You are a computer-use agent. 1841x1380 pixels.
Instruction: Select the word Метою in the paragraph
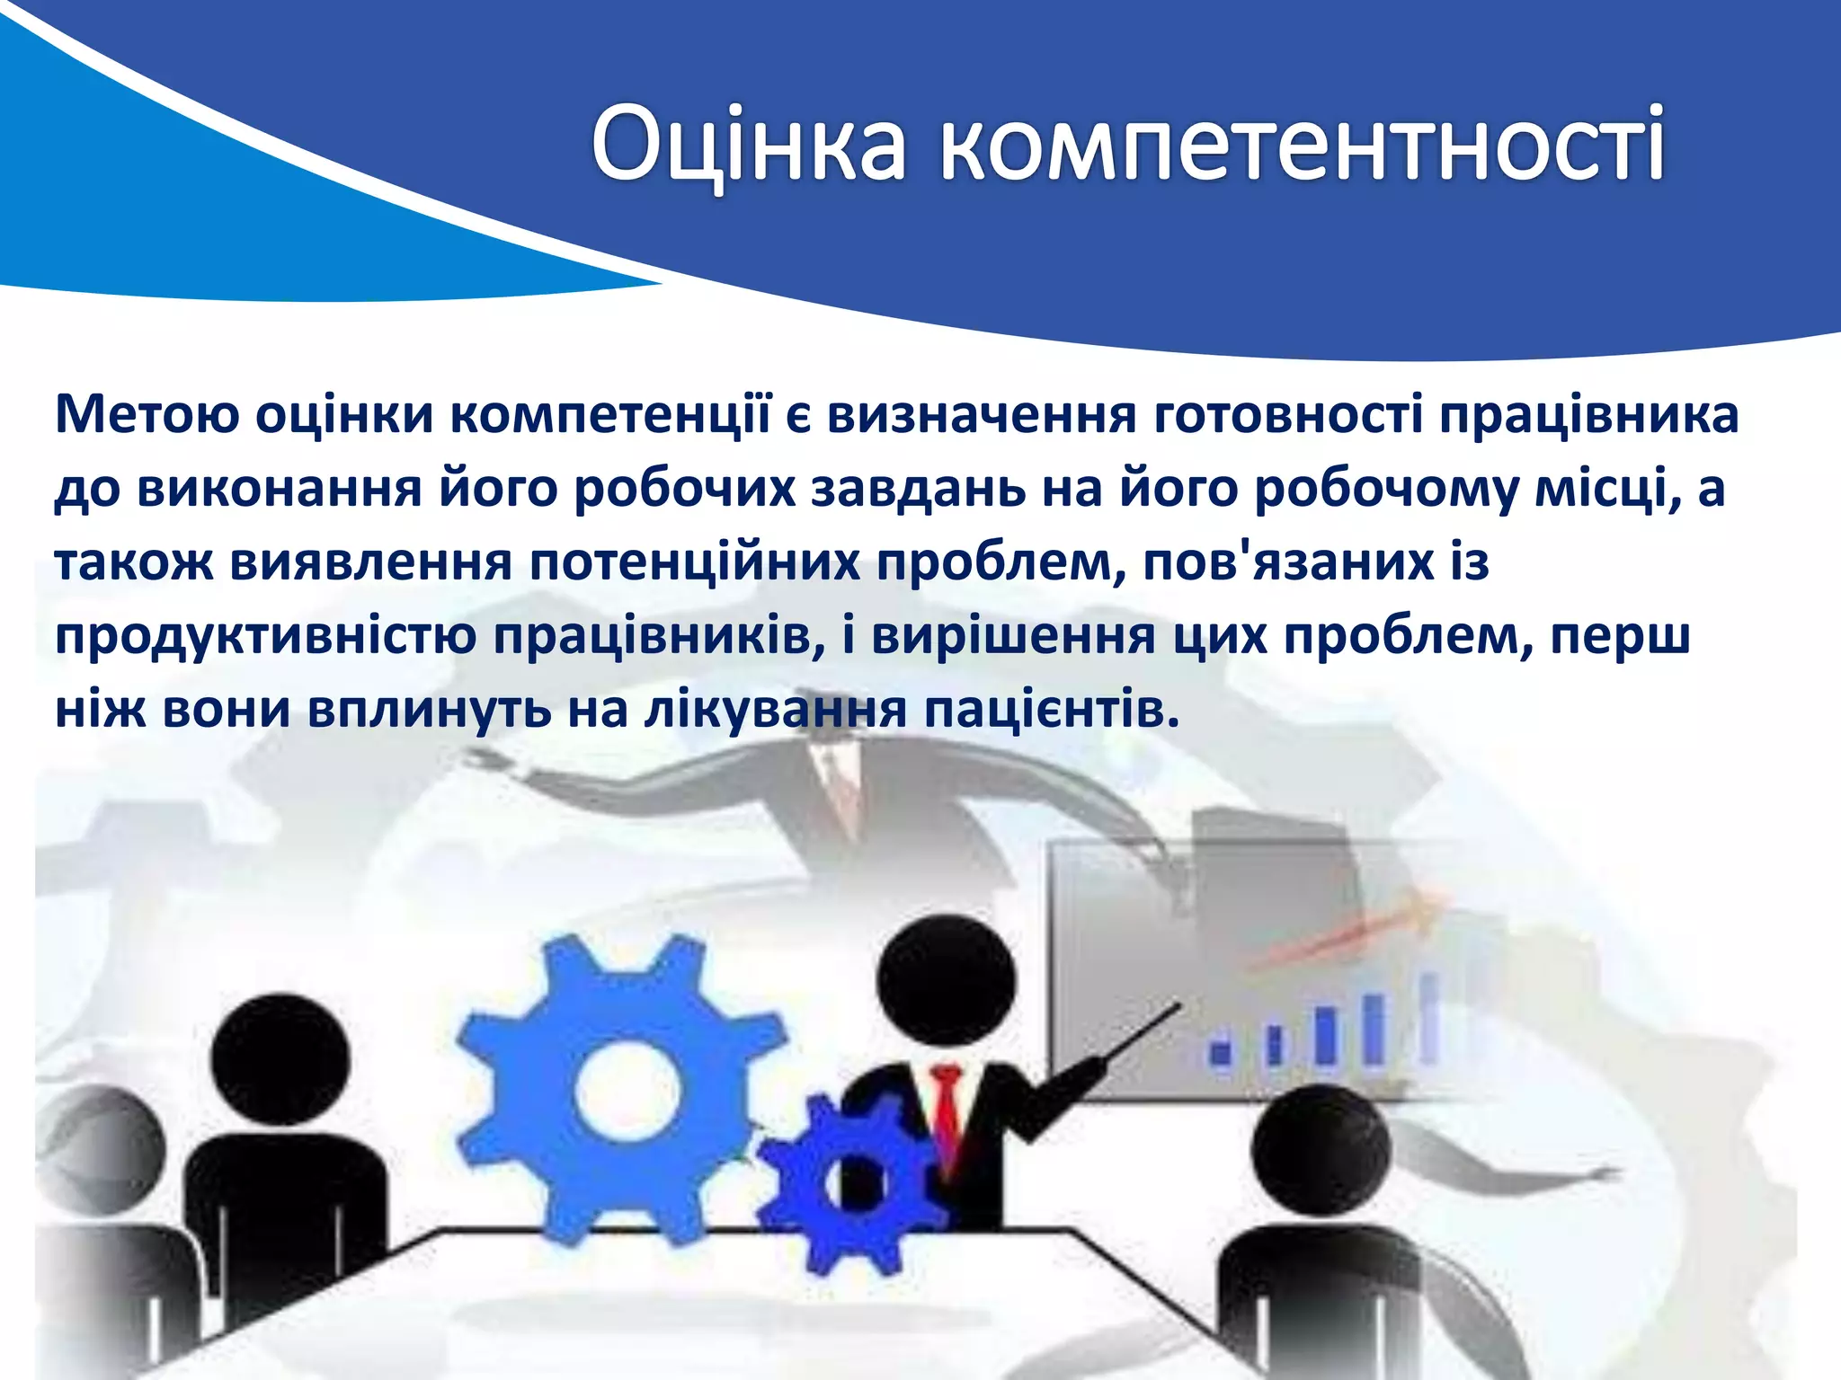(147, 414)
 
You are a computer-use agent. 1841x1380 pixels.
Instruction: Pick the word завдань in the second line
(918, 489)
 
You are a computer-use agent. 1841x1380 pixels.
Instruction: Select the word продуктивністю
(265, 637)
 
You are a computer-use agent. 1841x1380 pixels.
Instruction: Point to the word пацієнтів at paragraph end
(1052, 711)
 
